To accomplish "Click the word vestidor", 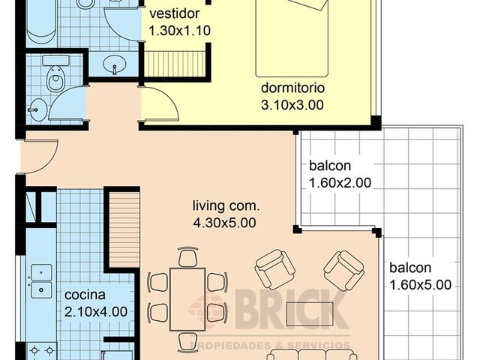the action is coord(175,13).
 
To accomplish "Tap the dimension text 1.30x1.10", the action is coord(180,31).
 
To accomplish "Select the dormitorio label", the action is coord(292,88).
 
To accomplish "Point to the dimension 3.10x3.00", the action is coord(292,105).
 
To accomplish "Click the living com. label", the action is coord(226,205).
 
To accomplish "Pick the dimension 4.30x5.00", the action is coord(225,223).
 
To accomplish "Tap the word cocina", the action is coord(85,295).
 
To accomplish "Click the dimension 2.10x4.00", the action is coord(96,312).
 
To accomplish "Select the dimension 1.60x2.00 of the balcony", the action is coord(340,183).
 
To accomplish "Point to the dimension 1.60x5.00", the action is coord(421,285).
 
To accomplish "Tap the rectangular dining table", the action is coord(187,299).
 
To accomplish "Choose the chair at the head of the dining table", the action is coord(187,256).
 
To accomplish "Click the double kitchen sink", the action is coord(41,281).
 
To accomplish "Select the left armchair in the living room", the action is coord(274,269).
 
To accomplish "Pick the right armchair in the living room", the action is coord(344,270).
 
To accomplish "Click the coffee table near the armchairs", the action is coord(310,313).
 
